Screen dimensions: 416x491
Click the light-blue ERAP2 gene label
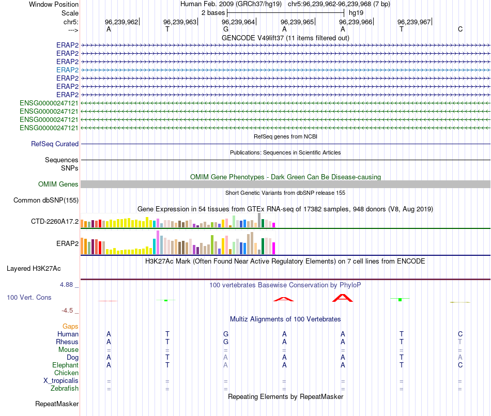point(67,70)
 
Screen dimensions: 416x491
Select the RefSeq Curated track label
point(55,144)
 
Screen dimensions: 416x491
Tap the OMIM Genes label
point(58,184)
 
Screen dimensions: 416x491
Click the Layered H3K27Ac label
point(34,268)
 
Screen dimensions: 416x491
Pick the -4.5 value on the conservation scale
point(68,311)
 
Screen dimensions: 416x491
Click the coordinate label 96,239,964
point(238,22)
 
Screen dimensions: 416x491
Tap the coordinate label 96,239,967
point(414,22)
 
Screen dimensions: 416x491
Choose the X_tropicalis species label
point(61,381)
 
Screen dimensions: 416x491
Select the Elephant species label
point(65,365)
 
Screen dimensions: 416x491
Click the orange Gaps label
point(70,326)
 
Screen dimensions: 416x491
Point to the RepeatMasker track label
point(57,404)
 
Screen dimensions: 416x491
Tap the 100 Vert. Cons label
point(29,297)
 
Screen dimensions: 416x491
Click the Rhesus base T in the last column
point(460,342)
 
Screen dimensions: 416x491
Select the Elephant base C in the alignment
point(460,365)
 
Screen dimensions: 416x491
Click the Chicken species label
point(66,373)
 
